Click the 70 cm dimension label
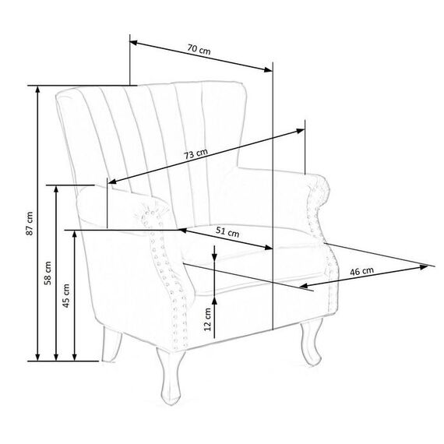pyautogui.click(x=199, y=49)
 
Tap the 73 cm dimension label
pyautogui.click(x=196, y=153)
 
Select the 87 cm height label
pyautogui.click(x=30, y=224)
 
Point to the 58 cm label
pyautogui.click(x=48, y=273)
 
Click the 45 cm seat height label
pyautogui.click(x=66, y=296)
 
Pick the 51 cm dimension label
pyautogui.click(x=227, y=232)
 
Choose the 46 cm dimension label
pyautogui.click(x=362, y=271)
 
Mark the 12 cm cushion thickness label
pyautogui.click(x=207, y=319)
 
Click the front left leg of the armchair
pyautogui.click(x=171, y=376)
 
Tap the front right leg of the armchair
pyautogui.click(x=312, y=342)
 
